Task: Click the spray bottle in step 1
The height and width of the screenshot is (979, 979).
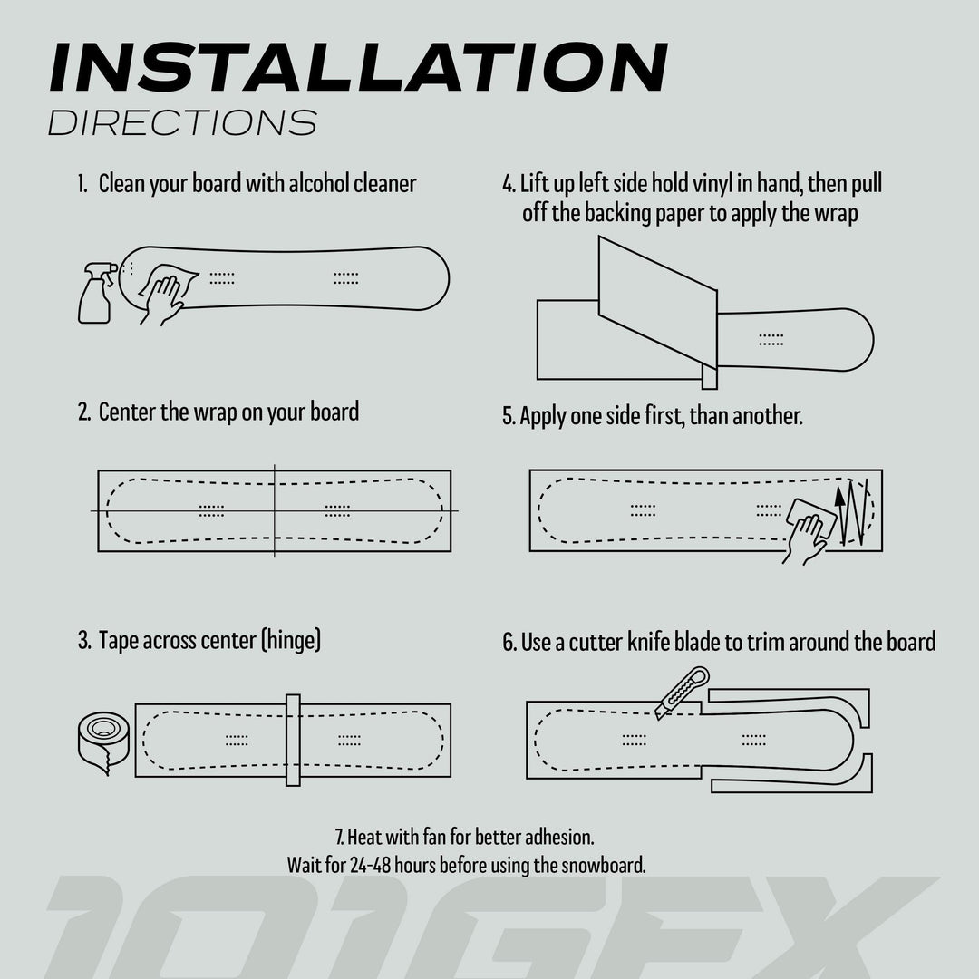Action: click(x=95, y=294)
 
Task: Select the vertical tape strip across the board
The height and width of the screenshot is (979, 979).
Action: click(x=293, y=740)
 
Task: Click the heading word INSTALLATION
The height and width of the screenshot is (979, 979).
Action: click(x=358, y=67)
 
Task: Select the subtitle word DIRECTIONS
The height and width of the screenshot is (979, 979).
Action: click(x=182, y=122)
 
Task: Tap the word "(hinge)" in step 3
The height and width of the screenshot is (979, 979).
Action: click(x=290, y=641)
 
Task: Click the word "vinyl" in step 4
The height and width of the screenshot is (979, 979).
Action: click(x=709, y=184)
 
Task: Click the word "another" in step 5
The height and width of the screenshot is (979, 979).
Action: click(x=767, y=417)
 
